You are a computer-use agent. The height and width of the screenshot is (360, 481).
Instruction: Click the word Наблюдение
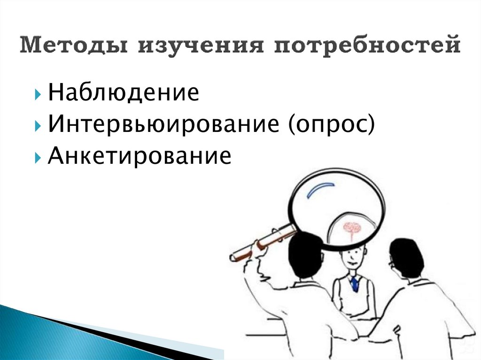pos(123,92)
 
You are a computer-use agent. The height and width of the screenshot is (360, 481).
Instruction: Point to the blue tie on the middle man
pos(354,283)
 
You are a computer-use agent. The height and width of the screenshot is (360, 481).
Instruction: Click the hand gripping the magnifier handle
pos(260,247)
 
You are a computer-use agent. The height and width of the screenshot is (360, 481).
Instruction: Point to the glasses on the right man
pos(391,264)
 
